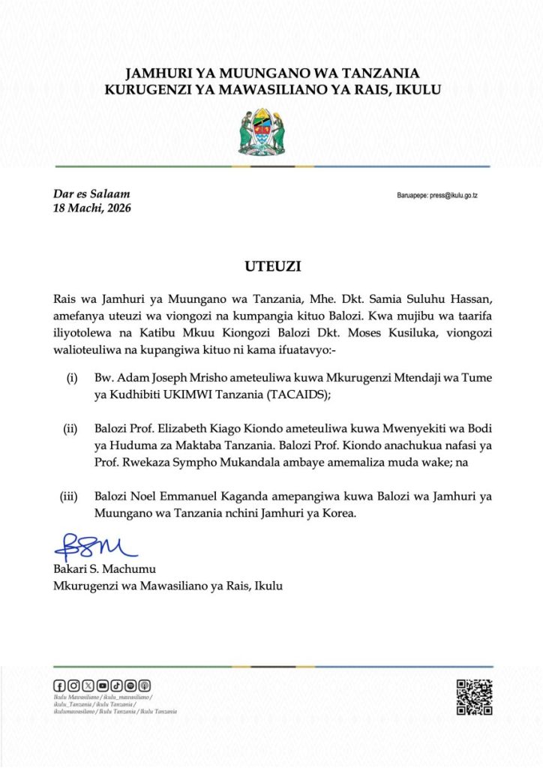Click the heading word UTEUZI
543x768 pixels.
pos(271,265)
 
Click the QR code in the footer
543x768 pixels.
pos(474,697)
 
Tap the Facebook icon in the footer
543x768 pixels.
pos(59,685)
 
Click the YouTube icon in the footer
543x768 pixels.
pos(103,685)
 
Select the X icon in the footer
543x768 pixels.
pos(88,685)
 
